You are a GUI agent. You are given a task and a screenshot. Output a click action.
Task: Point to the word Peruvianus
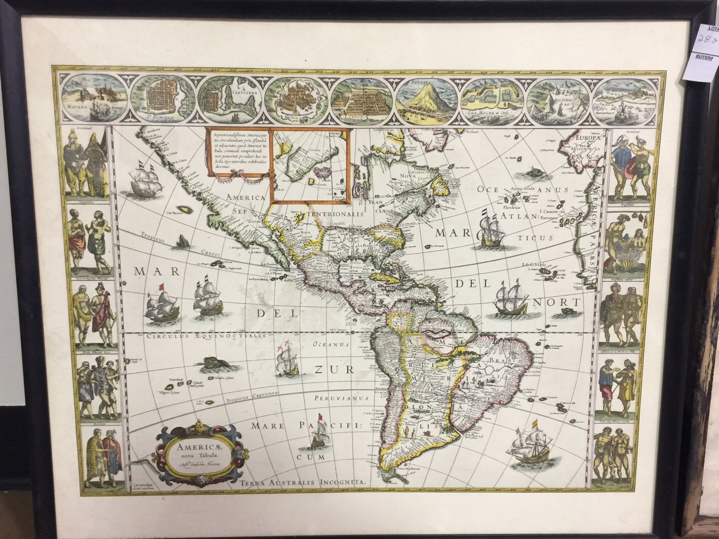(x=336, y=398)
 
